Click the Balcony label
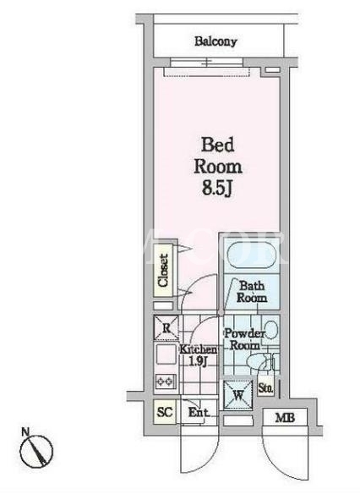pos(215,41)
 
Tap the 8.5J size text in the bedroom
pos(218,188)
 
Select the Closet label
pos(163,271)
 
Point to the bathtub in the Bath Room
pos(252,255)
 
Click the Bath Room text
pos(252,292)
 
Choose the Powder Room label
pos(245,339)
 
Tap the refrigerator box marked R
pos(166,328)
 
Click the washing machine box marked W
pos(238,395)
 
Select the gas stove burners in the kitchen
pos(166,381)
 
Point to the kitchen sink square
pos(166,354)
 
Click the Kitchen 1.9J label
pos(199,354)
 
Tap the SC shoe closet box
pos(165,411)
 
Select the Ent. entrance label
pos(199,412)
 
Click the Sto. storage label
pos(265,388)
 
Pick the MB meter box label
pos(285,418)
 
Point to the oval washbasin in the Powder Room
pos(270,330)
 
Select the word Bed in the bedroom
pos(218,145)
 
